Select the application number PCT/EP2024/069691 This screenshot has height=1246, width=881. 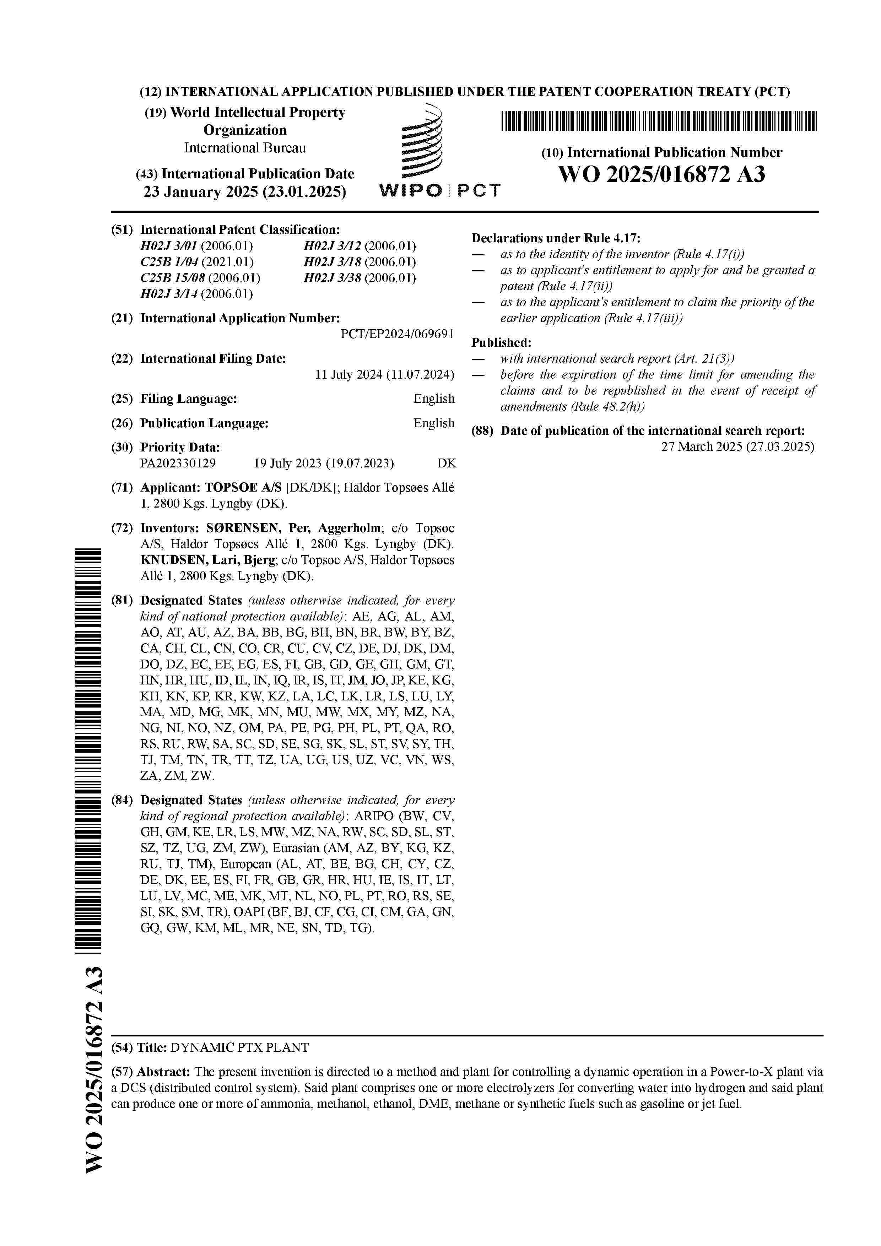pyautogui.click(x=398, y=334)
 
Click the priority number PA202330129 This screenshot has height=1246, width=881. pyautogui.click(x=178, y=463)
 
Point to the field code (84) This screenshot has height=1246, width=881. pyautogui.click(x=122, y=800)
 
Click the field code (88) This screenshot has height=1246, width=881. pyautogui.click(x=482, y=431)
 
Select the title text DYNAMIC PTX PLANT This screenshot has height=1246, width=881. pyautogui.click(x=239, y=1047)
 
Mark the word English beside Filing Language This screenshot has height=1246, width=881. pyautogui.click(x=434, y=398)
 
